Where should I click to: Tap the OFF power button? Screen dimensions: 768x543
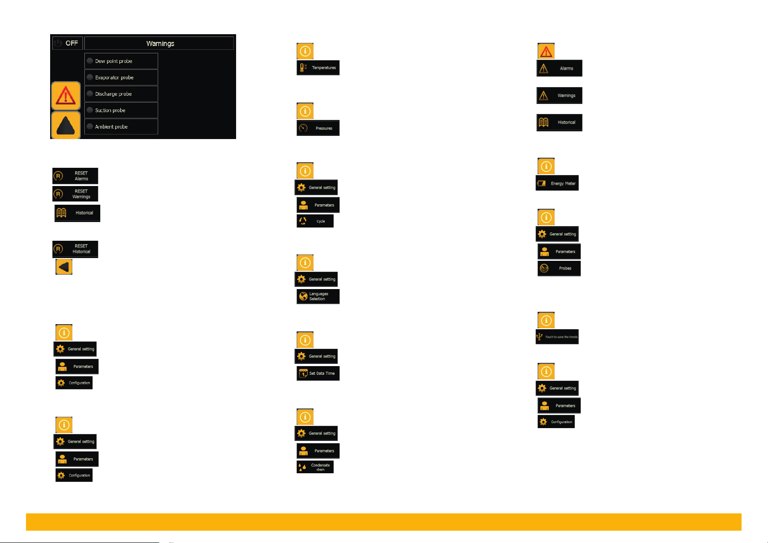click(67, 43)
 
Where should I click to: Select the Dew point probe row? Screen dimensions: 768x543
click(121, 61)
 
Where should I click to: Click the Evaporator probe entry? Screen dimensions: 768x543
click(121, 78)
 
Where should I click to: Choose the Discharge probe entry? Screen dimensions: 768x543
click(121, 94)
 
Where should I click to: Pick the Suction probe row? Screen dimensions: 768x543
click(121, 110)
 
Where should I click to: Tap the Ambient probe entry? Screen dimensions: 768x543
click(121, 127)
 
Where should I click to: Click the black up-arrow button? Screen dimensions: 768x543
click(66, 125)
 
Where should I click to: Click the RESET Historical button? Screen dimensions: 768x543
click(75, 249)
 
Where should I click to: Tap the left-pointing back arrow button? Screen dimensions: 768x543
click(64, 267)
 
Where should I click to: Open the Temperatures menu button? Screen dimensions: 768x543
click(318, 67)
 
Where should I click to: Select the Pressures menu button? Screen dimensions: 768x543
click(318, 128)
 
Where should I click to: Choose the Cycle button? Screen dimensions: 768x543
click(315, 221)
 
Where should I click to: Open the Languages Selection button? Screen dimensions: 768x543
click(318, 296)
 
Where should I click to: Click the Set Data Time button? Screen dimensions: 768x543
click(318, 373)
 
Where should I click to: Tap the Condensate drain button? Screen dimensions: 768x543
click(315, 467)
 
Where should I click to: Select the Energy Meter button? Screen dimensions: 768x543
click(557, 183)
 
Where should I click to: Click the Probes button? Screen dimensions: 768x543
click(559, 269)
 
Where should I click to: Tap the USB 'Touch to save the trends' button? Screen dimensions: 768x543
click(557, 337)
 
